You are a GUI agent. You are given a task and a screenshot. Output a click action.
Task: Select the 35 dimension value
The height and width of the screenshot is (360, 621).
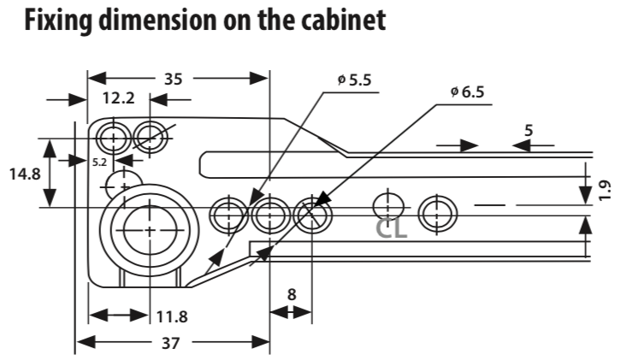[x=173, y=80]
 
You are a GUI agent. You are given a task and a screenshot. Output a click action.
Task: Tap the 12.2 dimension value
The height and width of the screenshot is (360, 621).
[x=119, y=97]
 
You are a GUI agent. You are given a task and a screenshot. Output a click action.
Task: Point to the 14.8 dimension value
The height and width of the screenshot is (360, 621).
[x=25, y=174]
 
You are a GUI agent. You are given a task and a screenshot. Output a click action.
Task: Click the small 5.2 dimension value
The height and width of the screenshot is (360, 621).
[x=99, y=162]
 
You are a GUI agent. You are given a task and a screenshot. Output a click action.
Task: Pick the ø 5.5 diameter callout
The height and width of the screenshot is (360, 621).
[x=354, y=80]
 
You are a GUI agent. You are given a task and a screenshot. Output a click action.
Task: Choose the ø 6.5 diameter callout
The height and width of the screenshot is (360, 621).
[x=467, y=91]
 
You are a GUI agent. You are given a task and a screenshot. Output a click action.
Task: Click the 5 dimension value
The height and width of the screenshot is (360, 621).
[x=529, y=130]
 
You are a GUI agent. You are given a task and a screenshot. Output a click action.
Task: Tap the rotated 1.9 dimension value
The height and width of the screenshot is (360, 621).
[x=604, y=191]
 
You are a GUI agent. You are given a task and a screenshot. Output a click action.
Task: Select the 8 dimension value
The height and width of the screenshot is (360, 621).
[x=292, y=295]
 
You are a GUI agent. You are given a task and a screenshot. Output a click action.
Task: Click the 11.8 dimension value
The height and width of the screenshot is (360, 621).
[x=172, y=317]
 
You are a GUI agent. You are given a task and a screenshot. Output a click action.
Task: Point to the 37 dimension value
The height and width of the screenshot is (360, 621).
[x=171, y=343]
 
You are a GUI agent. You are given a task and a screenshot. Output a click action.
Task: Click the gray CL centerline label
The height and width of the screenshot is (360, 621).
[x=391, y=228]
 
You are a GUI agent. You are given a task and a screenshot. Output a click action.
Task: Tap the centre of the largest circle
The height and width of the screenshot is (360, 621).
[x=150, y=231]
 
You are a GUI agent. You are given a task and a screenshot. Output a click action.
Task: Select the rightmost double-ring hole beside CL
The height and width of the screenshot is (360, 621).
[x=437, y=215]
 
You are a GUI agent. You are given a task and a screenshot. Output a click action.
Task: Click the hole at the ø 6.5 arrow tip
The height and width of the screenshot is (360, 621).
[x=312, y=215]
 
